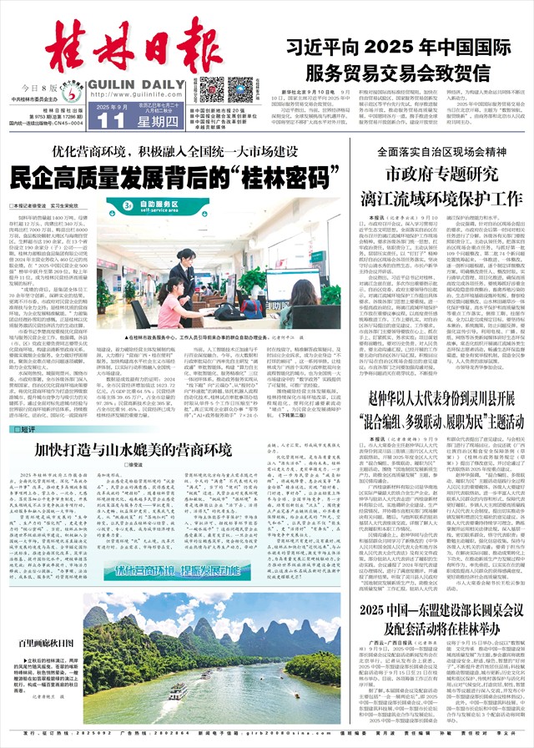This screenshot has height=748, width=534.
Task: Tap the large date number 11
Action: point(105,119)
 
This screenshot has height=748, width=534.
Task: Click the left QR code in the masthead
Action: point(211,88)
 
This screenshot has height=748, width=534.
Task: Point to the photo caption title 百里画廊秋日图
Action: point(45,644)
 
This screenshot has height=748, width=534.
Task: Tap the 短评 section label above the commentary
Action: point(24,429)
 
